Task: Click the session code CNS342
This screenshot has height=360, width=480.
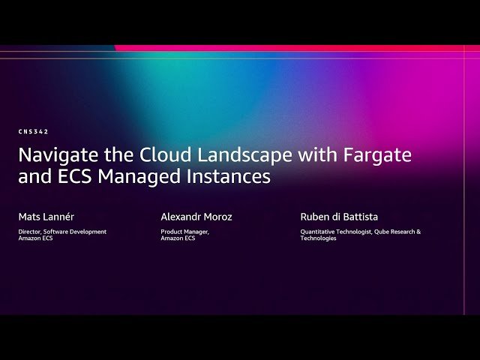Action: [x=33, y=132]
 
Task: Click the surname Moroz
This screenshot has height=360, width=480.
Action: [x=218, y=217]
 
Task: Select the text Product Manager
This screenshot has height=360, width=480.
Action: [x=184, y=232]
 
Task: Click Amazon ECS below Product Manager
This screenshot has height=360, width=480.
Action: [x=178, y=238]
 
